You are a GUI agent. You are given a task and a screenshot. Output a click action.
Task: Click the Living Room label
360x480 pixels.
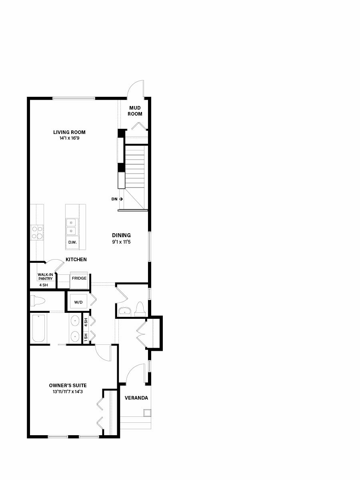coord(69,132)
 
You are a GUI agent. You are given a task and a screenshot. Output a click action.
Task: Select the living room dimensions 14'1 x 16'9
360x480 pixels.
coord(69,138)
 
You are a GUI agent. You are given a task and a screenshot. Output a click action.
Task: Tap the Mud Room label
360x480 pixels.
coord(135,111)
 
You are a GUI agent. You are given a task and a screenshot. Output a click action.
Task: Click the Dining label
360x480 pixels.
coord(121,235)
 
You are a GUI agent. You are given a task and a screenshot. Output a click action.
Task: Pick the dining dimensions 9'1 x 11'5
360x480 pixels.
coord(121,242)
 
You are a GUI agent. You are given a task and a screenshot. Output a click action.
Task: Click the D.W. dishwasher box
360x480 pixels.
coord(72,243)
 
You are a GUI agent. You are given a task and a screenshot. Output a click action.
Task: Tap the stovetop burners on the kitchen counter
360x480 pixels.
coord(37,232)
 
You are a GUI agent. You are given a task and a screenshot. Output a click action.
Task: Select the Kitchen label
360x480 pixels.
coord(76,259)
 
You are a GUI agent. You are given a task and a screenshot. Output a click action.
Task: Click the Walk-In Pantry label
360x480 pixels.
coord(45,277)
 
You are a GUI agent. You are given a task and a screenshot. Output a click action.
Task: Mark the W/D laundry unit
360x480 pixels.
coord(78,302)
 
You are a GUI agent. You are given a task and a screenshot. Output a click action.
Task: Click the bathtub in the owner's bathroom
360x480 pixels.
coord(39,328)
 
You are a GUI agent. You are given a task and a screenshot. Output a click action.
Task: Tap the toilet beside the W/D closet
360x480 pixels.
coord(38,301)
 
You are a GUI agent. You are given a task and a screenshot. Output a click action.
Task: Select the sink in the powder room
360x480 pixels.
coord(124,311)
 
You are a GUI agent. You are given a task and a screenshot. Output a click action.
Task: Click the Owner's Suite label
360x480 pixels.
coord(68,385)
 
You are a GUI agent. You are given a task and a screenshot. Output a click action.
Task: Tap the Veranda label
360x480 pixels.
coord(136,398)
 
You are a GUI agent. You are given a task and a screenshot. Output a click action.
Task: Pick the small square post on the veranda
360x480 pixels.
coord(147,413)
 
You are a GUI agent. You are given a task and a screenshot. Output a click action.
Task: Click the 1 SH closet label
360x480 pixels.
coord(86,337)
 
